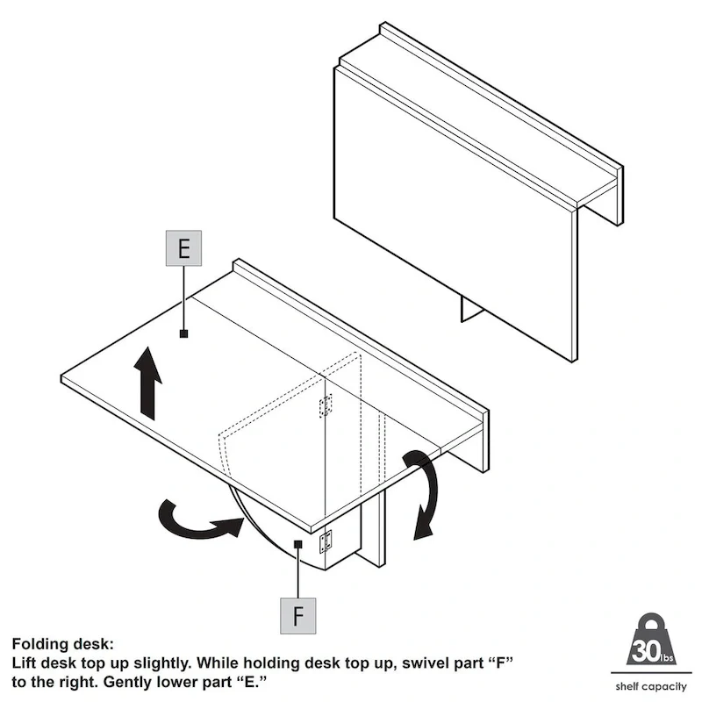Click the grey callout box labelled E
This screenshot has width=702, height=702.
pos(183,248)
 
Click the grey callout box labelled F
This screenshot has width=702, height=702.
pos(298,615)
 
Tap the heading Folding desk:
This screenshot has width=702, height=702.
pos(62,644)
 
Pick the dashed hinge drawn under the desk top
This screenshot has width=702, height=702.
pos(326,405)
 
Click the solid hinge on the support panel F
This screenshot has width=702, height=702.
pos(326,541)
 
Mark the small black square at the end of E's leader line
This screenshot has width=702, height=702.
pos(183,333)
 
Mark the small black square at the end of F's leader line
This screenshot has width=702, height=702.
pos(298,545)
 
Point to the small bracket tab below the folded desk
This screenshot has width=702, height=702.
pos(472,309)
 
